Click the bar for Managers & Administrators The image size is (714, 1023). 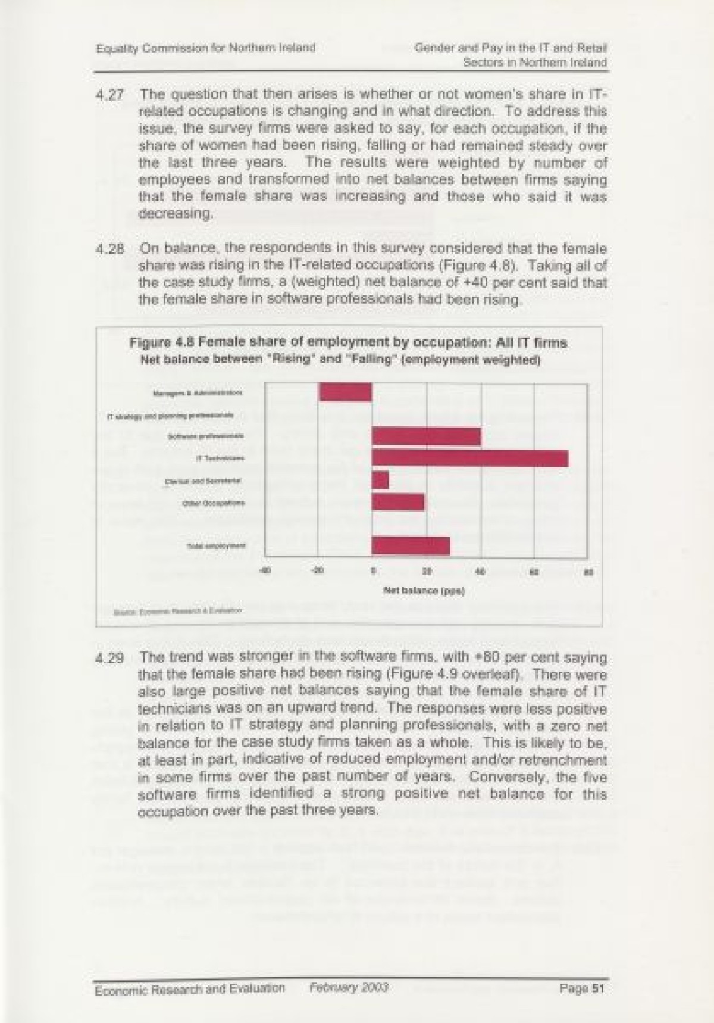tap(345, 392)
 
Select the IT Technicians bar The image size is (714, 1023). tap(469, 459)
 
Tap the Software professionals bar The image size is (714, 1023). tap(426, 436)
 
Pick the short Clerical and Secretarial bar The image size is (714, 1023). tap(380, 480)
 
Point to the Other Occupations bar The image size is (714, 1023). tap(398, 502)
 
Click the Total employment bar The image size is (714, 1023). tap(411, 545)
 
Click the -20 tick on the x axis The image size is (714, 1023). tap(318, 572)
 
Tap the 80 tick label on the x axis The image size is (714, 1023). tap(588, 572)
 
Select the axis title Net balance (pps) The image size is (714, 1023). tap(424, 591)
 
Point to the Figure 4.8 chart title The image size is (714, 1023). tap(348, 343)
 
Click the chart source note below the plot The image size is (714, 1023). tap(177, 610)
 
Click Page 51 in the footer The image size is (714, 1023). tap(583, 988)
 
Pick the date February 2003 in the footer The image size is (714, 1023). tap(349, 987)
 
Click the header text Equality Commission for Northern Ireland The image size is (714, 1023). tap(205, 48)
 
